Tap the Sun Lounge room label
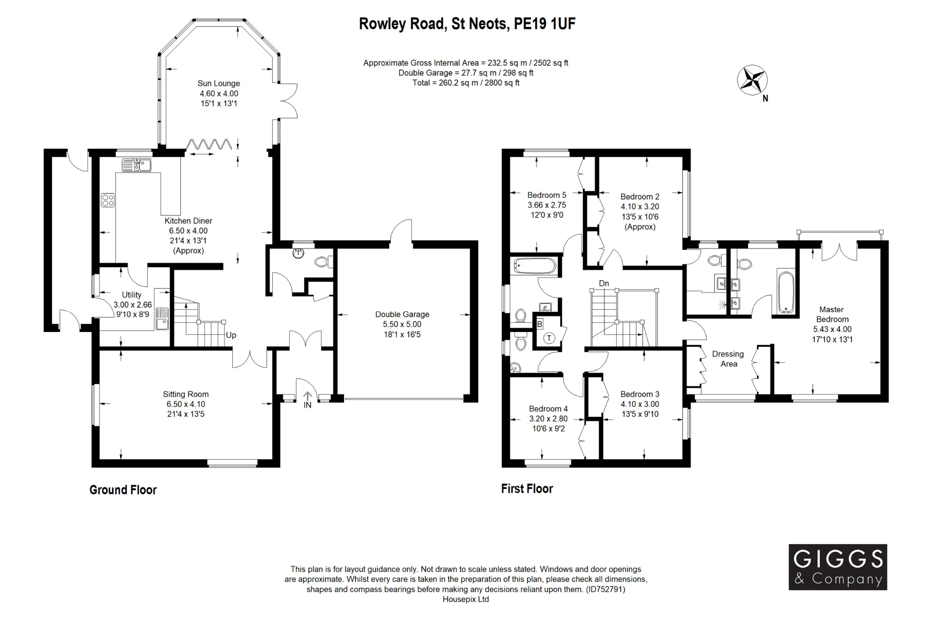pyautogui.click(x=218, y=83)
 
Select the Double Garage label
pyautogui.click(x=402, y=314)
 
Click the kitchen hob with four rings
pyautogui.click(x=108, y=200)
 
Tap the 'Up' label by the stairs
pyautogui.click(x=231, y=336)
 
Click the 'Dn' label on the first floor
pyautogui.click(x=604, y=283)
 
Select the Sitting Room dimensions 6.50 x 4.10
pyautogui.click(x=186, y=404)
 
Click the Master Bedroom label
pyautogui.click(x=832, y=314)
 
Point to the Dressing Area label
pyautogui.click(x=728, y=359)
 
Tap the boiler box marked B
pyautogui.click(x=540, y=325)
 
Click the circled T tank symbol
pyautogui.click(x=549, y=338)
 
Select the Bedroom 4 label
pyautogui.click(x=548, y=409)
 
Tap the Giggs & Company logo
pyautogui.click(x=838, y=567)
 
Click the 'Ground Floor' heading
pyautogui.click(x=123, y=490)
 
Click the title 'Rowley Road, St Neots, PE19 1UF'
pyautogui.click(x=467, y=24)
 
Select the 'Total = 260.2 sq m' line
pyautogui.click(x=466, y=83)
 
